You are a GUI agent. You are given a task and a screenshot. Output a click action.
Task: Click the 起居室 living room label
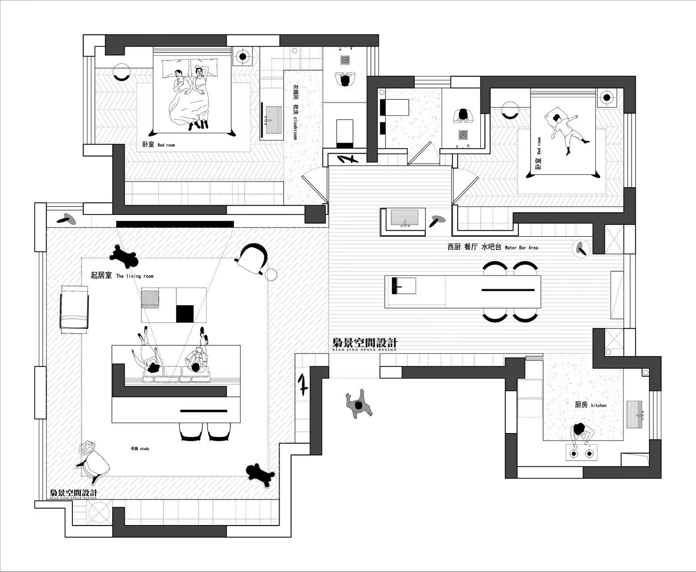[122, 276]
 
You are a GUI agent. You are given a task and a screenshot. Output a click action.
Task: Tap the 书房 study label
[139, 448]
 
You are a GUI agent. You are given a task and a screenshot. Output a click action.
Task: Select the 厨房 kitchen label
[590, 405]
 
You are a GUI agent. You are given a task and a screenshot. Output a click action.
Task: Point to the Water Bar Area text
[521, 247]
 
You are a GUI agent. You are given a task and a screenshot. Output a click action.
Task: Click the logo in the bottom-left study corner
[73, 493]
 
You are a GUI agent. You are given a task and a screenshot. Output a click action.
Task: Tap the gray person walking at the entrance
[358, 405]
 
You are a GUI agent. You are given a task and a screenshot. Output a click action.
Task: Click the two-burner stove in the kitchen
[581, 454]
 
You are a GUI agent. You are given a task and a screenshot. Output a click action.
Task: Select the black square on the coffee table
[185, 313]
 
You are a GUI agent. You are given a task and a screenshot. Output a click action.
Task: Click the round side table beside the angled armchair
[272, 274]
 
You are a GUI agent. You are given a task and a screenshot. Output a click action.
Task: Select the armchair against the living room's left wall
[75, 309]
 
